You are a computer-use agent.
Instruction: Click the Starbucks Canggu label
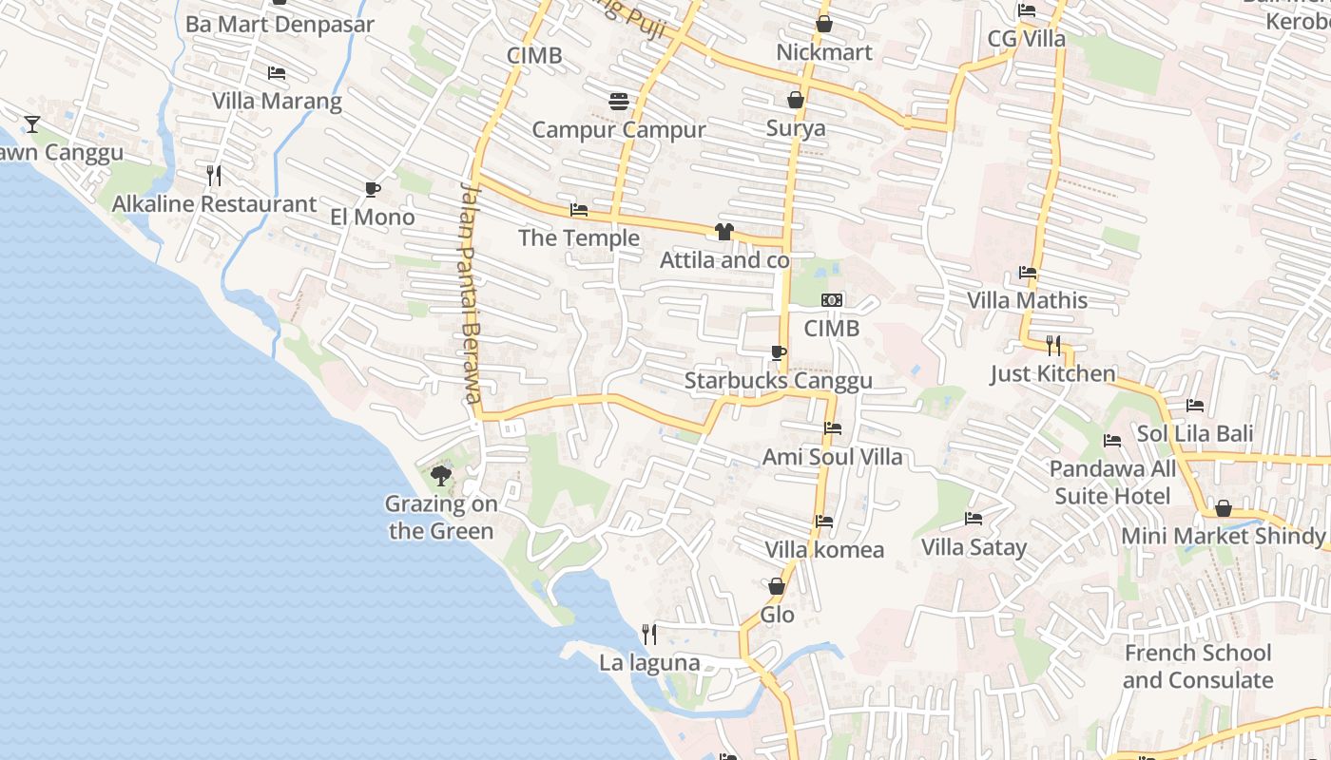tap(778, 381)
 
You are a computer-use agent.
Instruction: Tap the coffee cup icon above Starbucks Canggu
tap(778, 353)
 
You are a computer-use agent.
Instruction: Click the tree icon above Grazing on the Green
tap(440, 474)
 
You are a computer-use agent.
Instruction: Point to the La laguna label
tap(649, 663)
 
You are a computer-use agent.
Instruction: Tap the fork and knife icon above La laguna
tap(649, 634)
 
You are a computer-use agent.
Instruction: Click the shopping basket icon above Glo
tap(777, 586)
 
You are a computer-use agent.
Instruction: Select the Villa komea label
tap(824, 549)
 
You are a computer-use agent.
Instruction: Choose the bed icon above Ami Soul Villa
tap(833, 428)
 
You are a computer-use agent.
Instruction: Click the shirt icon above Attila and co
tap(724, 231)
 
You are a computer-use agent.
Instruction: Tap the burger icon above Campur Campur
tap(619, 101)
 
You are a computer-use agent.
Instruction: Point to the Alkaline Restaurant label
tap(214, 203)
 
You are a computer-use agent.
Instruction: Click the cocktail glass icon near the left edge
tap(32, 123)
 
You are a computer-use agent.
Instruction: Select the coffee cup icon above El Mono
tap(373, 189)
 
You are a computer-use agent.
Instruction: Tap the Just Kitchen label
tap(1052, 373)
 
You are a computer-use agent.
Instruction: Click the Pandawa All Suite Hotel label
tap(1112, 483)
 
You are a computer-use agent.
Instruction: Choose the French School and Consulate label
tap(1197, 666)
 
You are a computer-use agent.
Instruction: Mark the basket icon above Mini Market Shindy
tap(1224, 508)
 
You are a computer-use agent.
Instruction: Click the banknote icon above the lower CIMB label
tap(832, 300)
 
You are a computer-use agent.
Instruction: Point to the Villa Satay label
tap(974, 547)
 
